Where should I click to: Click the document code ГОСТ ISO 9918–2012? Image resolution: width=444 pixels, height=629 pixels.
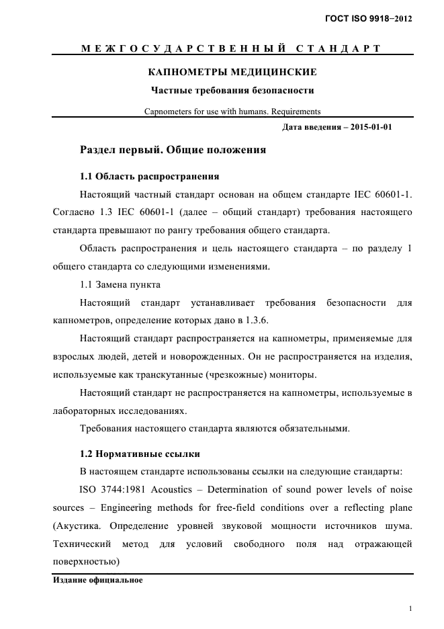[x=367, y=19]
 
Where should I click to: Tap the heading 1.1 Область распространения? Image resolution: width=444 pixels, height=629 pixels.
[x=149, y=177]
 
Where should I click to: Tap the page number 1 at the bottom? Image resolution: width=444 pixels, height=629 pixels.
[x=410, y=609]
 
